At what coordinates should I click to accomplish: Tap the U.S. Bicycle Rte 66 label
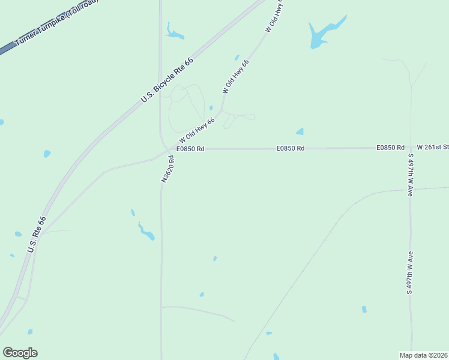tap(167, 80)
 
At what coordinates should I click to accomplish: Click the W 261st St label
tap(433, 147)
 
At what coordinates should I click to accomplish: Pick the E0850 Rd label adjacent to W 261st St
tap(390, 148)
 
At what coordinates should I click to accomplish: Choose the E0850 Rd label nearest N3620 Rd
tap(191, 148)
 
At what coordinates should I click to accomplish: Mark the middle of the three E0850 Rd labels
tap(291, 148)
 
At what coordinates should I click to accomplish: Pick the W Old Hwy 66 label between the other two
tap(236, 76)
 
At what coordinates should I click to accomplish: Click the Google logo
tap(20, 353)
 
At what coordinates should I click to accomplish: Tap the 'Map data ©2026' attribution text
tap(423, 355)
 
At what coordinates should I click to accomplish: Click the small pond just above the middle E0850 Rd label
tap(300, 131)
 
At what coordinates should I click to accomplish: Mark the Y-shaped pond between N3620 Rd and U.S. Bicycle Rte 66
tap(175, 34)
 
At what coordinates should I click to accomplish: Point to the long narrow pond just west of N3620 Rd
tap(146, 232)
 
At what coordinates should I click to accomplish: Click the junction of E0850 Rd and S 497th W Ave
tap(411, 148)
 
